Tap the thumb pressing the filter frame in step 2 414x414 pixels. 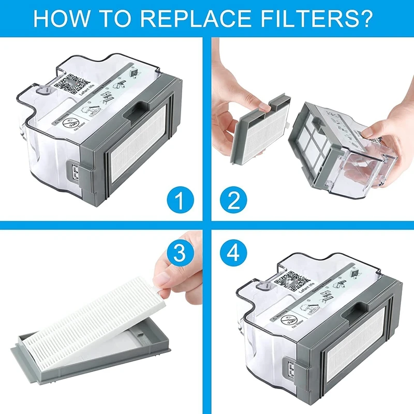point(264,107)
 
